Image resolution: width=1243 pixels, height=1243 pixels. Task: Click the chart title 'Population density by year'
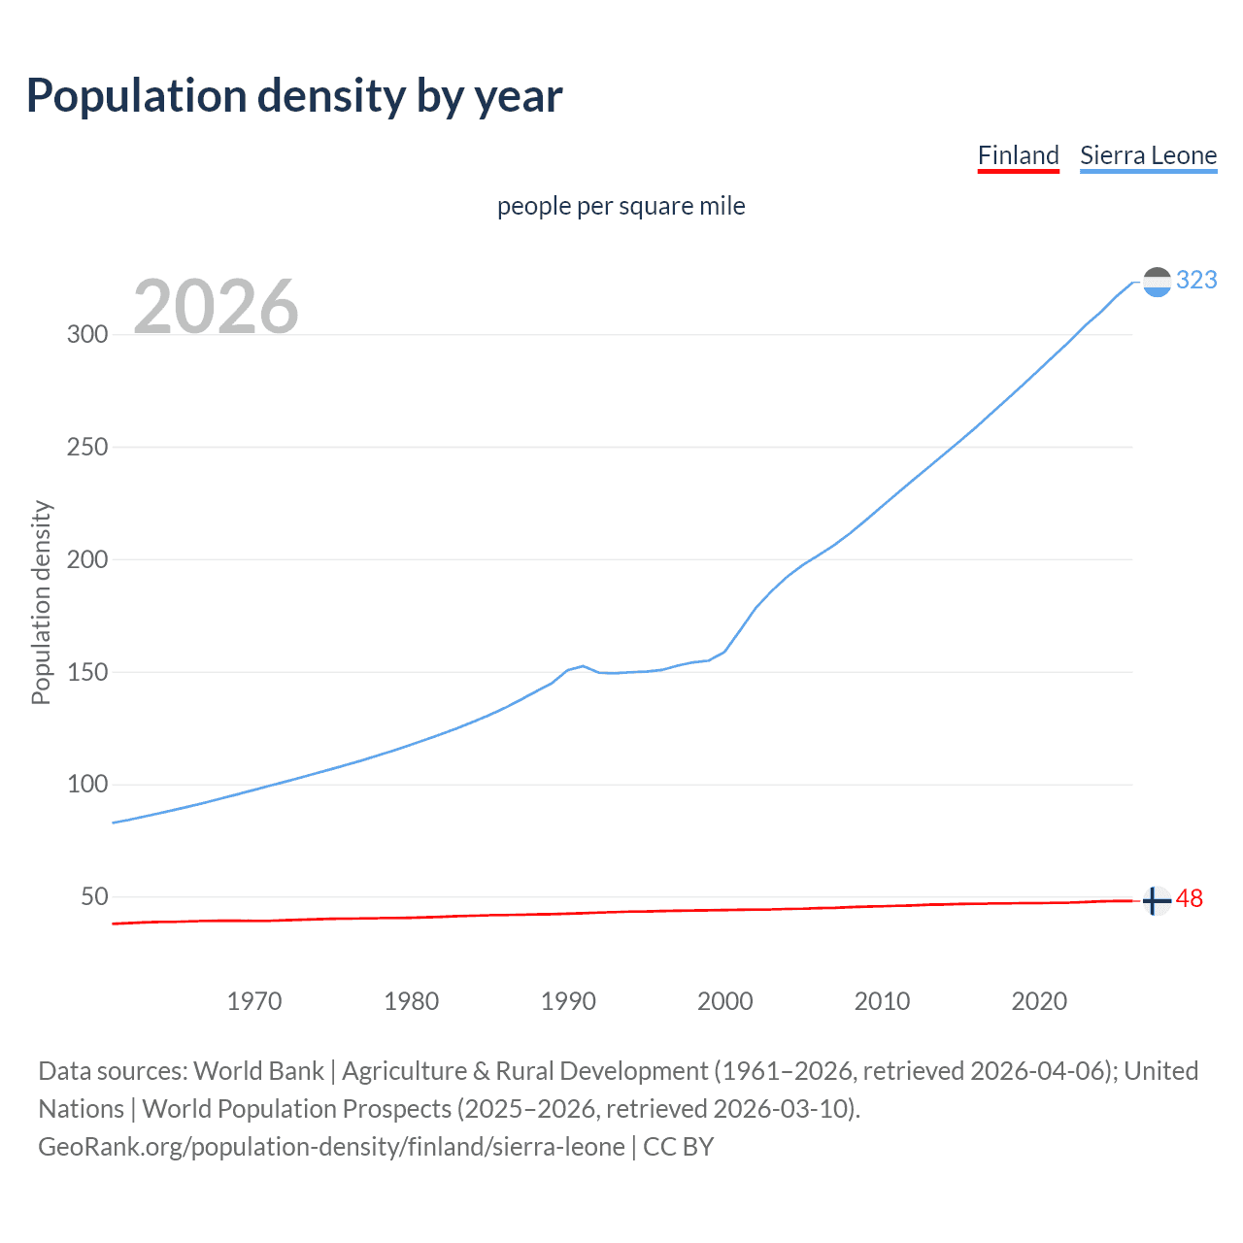point(294,96)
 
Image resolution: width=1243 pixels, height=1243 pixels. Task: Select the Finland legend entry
point(1018,155)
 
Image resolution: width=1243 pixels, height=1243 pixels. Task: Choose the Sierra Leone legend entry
point(1148,155)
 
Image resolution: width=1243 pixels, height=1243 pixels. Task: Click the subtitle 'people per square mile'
point(621,206)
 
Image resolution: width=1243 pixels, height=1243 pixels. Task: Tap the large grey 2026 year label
point(216,307)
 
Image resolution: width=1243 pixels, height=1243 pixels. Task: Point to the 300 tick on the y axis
point(87,334)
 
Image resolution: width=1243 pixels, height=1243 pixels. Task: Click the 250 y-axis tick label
point(87,447)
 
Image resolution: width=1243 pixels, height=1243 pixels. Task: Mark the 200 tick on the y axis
point(87,559)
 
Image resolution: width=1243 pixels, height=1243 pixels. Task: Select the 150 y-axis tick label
point(87,672)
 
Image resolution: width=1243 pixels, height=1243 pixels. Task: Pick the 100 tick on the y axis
point(87,784)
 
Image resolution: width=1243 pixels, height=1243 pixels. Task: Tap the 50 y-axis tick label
point(94,896)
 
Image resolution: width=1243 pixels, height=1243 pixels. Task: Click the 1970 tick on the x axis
point(254,1001)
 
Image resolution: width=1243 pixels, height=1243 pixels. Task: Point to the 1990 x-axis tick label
point(568,1001)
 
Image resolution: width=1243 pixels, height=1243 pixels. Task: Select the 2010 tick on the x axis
point(882,1001)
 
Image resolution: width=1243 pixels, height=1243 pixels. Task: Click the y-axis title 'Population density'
point(41,602)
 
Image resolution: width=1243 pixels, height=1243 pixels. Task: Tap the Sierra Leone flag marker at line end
point(1157,282)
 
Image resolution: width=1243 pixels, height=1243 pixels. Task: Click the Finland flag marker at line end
point(1156,901)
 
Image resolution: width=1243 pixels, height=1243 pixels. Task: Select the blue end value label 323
point(1196,280)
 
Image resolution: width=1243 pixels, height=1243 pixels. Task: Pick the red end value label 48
point(1190,899)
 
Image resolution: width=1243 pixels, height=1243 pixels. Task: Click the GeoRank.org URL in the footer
point(331,1147)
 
